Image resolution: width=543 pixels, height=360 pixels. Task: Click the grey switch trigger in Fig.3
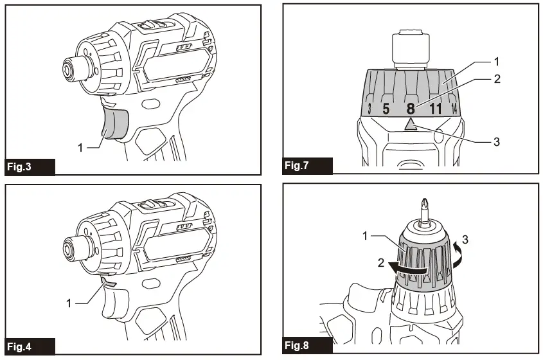114,123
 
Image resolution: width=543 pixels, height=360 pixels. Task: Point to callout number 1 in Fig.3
80,147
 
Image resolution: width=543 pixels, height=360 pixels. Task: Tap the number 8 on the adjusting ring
411,109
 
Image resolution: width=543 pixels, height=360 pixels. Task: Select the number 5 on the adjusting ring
386,109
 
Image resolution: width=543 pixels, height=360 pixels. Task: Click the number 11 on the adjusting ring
436,109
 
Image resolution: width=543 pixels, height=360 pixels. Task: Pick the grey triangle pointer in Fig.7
411,125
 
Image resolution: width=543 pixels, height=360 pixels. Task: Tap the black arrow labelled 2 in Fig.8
408,271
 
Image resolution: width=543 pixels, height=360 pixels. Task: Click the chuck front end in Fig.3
67,69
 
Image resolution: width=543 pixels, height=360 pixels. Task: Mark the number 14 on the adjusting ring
454,107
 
